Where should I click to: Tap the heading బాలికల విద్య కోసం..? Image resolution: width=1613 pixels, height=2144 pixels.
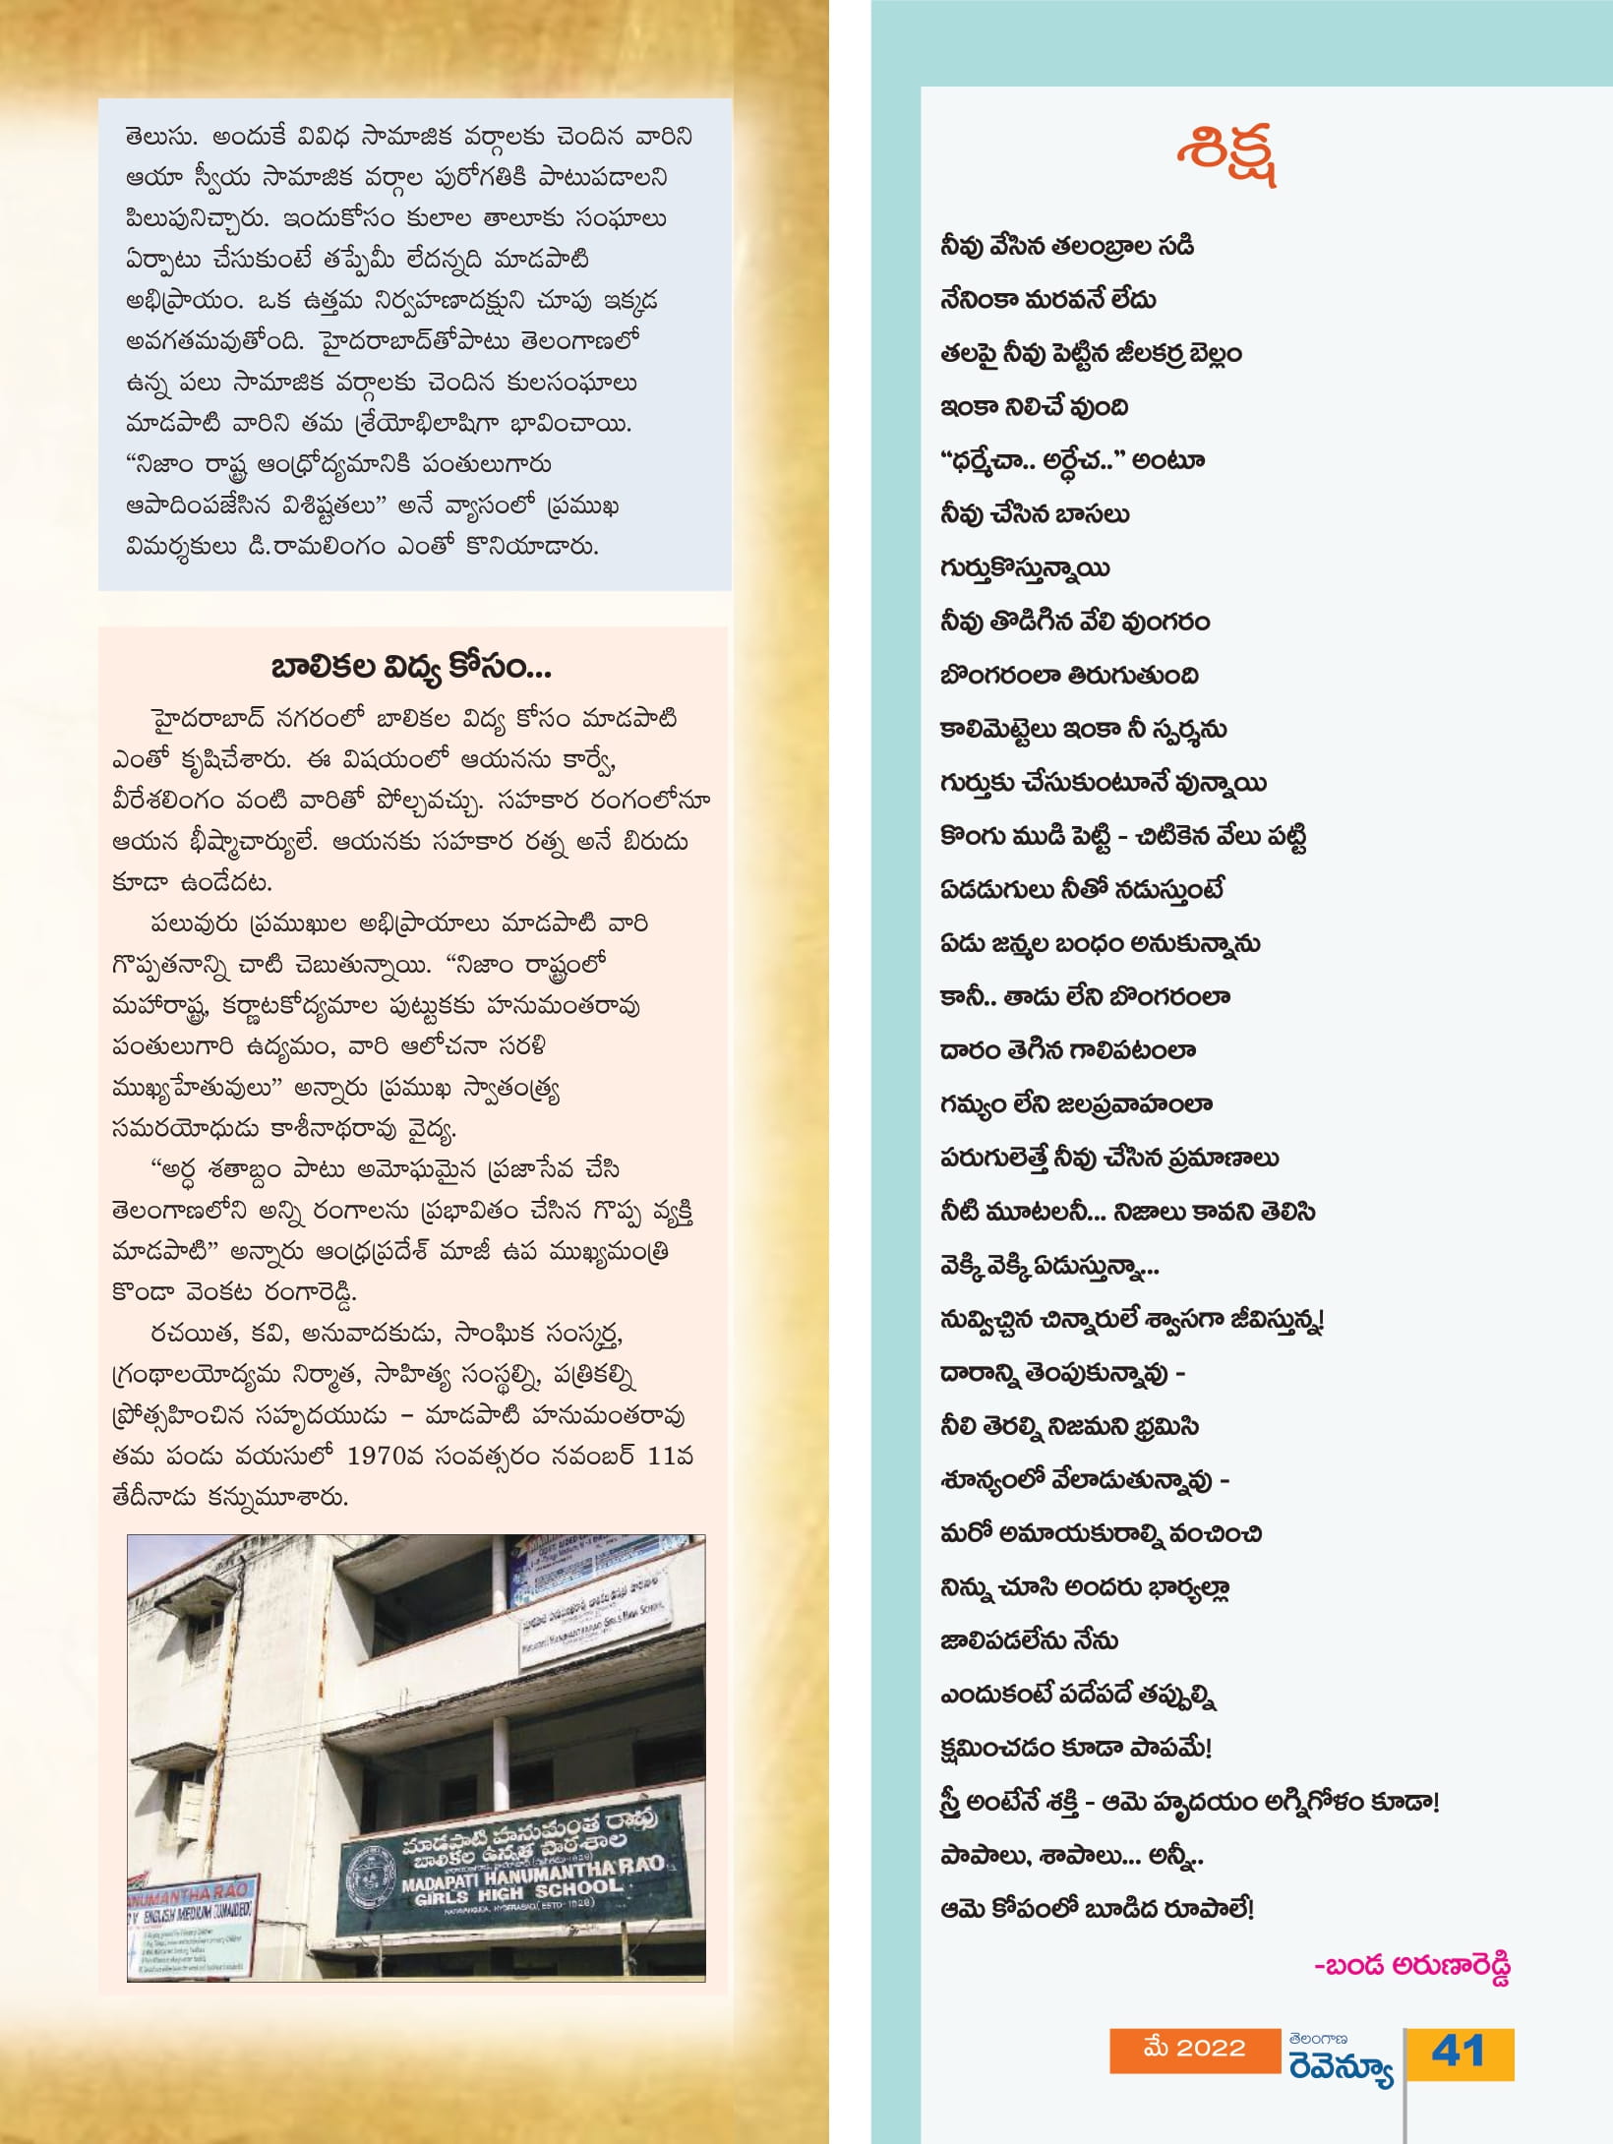click(x=411, y=668)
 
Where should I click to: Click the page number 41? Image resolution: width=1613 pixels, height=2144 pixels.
click(x=1459, y=2052)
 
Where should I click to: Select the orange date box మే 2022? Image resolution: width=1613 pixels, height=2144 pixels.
click(x=1194, y=2049)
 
